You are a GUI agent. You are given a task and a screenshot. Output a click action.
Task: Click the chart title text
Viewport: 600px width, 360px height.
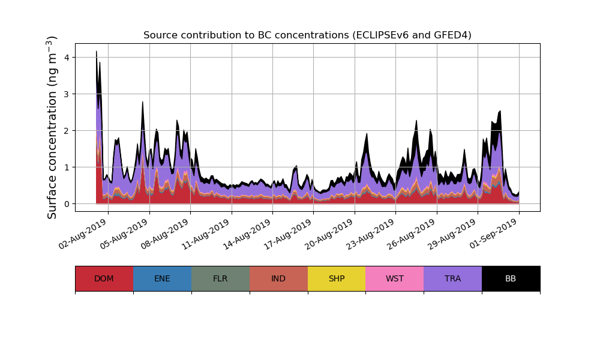coord(307,35)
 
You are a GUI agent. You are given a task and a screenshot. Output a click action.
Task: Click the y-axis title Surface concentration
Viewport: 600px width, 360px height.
coord(53,127)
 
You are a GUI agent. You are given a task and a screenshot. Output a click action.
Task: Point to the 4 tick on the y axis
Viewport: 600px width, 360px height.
coord(67,58)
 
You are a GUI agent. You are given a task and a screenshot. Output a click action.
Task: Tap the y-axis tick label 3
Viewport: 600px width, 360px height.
coord(67,94)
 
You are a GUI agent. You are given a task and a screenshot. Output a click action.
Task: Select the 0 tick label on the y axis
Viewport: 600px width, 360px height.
coord(67,204)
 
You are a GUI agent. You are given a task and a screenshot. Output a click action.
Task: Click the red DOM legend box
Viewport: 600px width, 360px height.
coord(104,278)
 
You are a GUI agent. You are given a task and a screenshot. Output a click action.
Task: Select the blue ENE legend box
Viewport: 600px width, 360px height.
coord(162,278)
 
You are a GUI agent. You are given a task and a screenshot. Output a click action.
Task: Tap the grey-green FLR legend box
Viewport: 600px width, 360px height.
coord(220,278)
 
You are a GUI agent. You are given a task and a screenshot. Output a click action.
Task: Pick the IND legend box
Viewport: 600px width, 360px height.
coord(278,278)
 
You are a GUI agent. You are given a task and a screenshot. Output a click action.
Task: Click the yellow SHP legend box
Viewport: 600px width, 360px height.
coord(337,278)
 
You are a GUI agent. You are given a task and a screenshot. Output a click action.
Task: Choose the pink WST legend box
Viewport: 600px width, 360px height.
coord(395,278)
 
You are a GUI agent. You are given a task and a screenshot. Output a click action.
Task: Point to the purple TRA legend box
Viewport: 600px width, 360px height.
coord(453,278)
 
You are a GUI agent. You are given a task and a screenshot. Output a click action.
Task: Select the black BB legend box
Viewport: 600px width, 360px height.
coord(511,278)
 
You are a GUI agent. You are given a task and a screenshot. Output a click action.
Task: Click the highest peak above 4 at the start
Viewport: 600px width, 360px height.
coord(97,52)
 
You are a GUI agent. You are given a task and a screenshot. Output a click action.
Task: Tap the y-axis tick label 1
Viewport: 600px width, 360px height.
coord(67,167)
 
